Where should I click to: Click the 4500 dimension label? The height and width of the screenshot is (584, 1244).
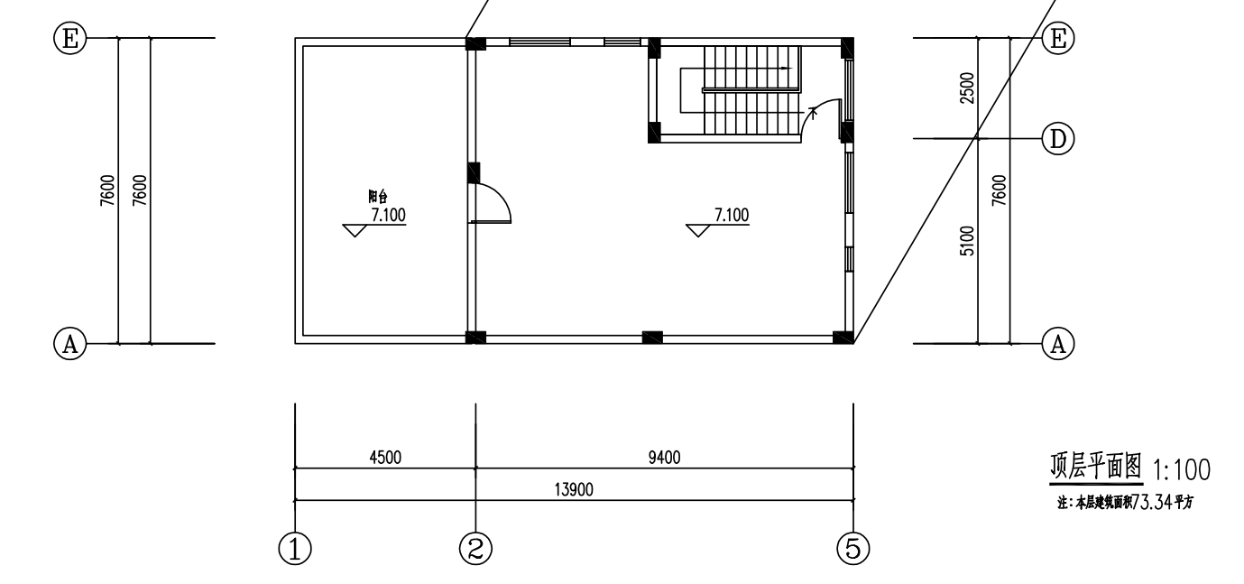[385, 458]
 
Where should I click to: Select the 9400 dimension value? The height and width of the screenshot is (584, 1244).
[664, 458]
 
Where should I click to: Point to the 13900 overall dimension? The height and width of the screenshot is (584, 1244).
[574, 489]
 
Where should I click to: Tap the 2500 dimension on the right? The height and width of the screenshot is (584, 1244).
[967, 88]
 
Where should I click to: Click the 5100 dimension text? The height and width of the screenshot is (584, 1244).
[967, 241]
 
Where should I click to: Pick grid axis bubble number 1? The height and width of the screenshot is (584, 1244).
[295, 549]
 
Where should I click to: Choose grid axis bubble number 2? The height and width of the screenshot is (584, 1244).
[476, 549]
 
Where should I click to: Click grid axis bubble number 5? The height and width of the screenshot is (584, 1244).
[853, 549]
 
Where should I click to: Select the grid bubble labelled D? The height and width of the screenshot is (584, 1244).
[1058, 139]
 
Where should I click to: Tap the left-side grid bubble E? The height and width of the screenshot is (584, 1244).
[70, 38]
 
